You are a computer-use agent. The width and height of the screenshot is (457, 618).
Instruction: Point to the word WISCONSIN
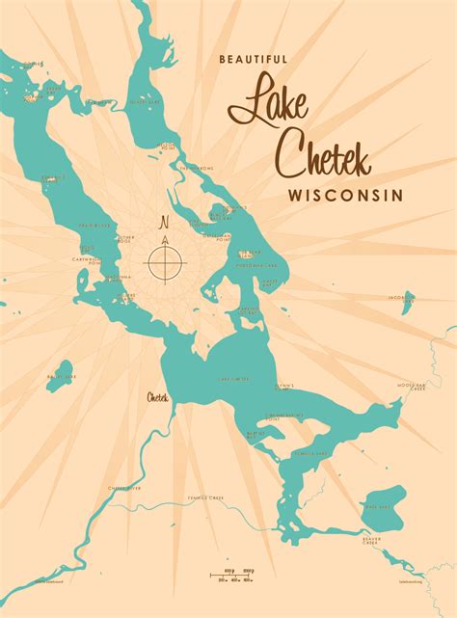tap(343, 195)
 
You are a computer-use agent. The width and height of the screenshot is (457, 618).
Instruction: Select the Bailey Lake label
tap(60, 375)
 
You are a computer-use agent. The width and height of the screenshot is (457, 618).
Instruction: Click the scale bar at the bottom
tap(236, 577)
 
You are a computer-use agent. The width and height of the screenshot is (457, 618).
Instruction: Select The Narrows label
tap(196, 166)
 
